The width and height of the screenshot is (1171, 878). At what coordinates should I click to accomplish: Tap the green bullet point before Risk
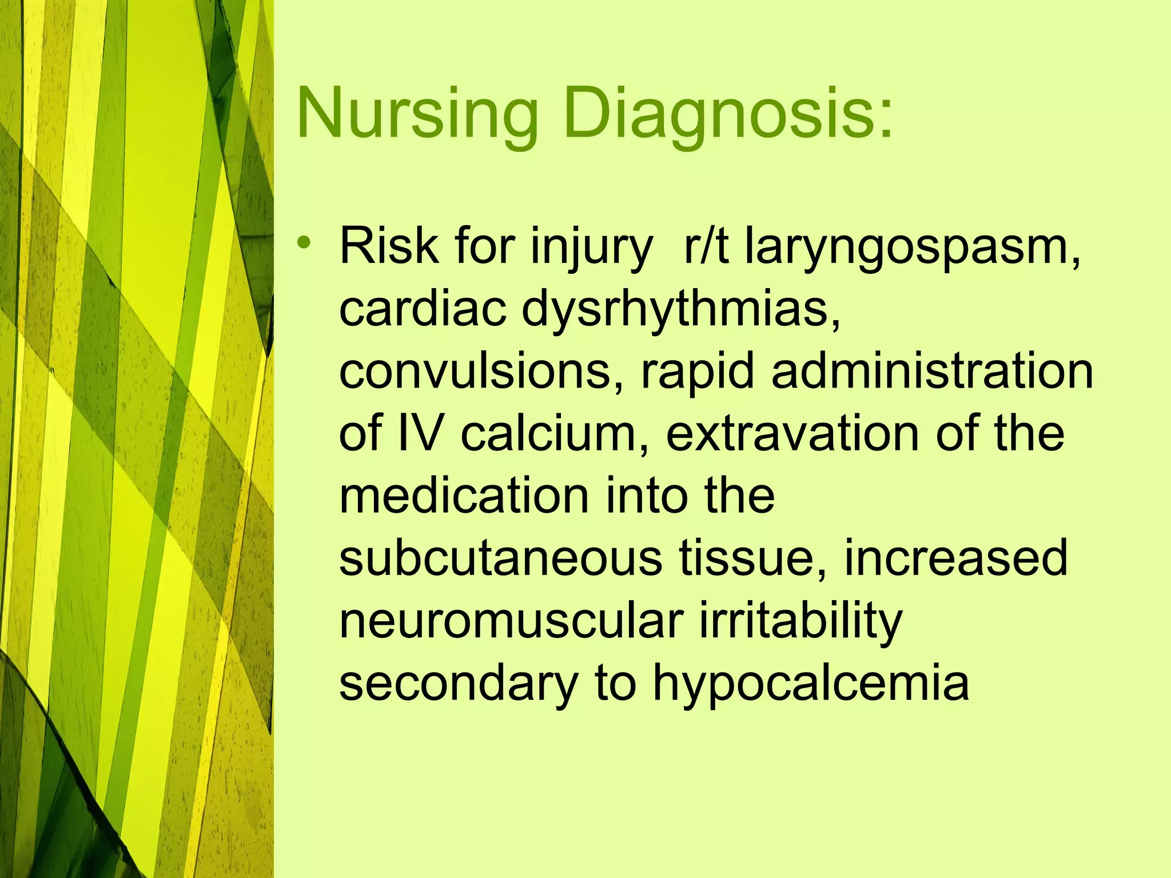click(x=305, y=243)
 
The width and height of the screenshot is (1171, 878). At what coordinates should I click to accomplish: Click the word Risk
click(x=389, y=247)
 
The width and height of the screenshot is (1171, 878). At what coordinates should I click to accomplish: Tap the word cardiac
click(x=423, y=309)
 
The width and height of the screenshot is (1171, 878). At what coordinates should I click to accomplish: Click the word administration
click(x=932, y=372)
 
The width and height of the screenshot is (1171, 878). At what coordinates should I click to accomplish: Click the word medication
click(x=464, y=496)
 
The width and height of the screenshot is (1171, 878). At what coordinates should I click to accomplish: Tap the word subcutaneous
click(x=501, y=558)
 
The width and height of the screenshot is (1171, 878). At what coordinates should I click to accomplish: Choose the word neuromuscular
click(x=512, y=620)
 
